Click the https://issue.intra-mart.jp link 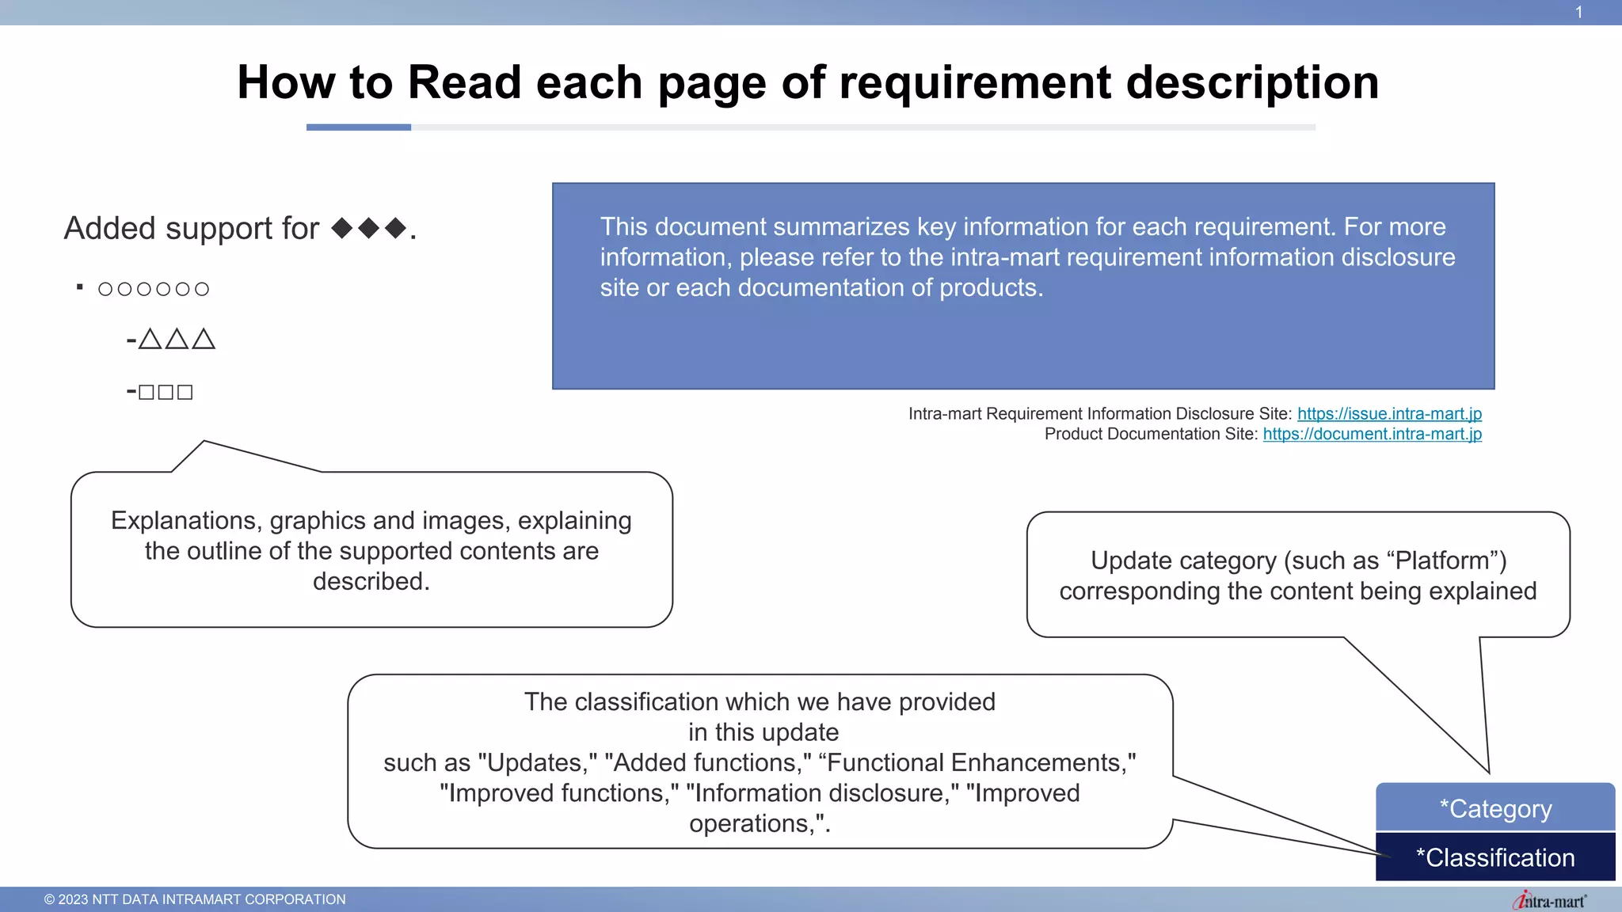click(1389, 414)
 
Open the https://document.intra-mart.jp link click(1372, 434)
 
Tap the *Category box click(1495, 808)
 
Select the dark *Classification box click(1495, 857)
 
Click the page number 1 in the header click(1578, 13)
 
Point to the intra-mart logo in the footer click(1549, 900)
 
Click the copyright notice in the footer click(195, 899)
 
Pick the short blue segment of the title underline click(358, 127)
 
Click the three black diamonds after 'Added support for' click(369, 229)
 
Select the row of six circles click(154, 289)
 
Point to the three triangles click(176, 340)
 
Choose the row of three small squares click(165, 392)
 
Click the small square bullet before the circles click(80, 287)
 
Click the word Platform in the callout click(1442, 560)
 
